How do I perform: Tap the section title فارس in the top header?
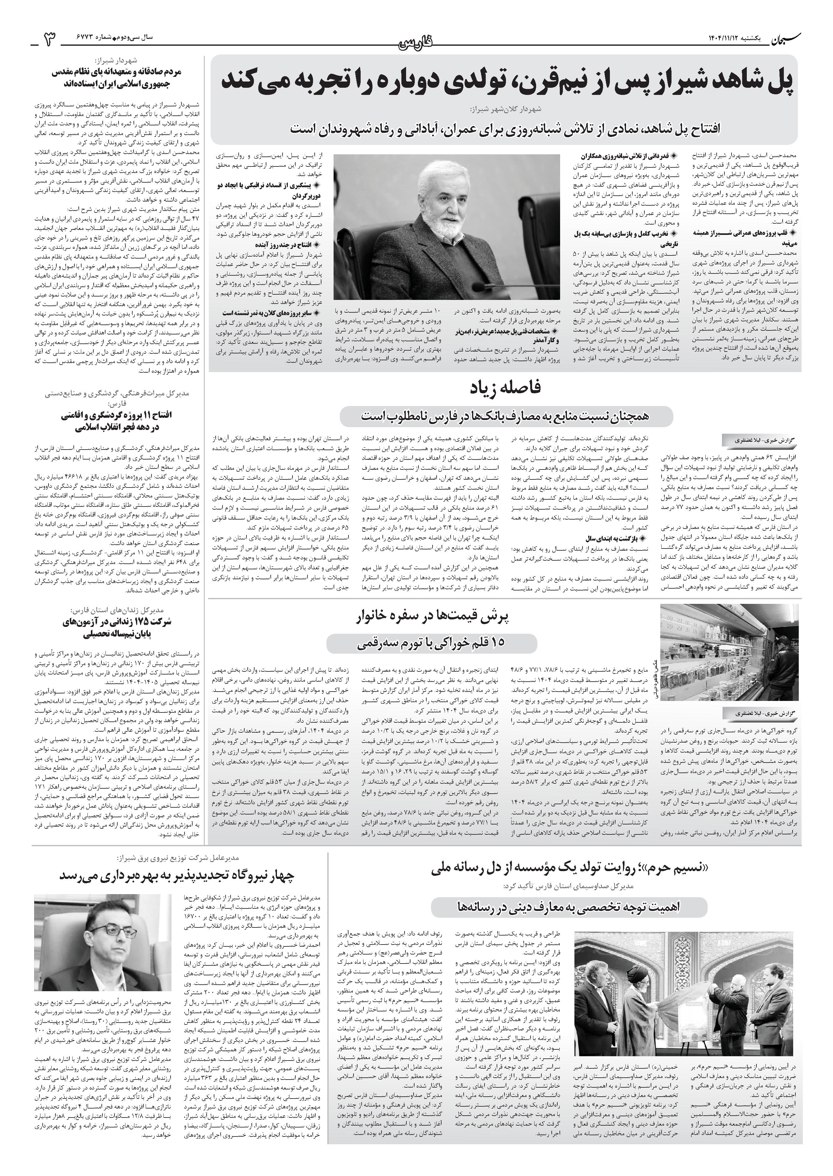point(416,44)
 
